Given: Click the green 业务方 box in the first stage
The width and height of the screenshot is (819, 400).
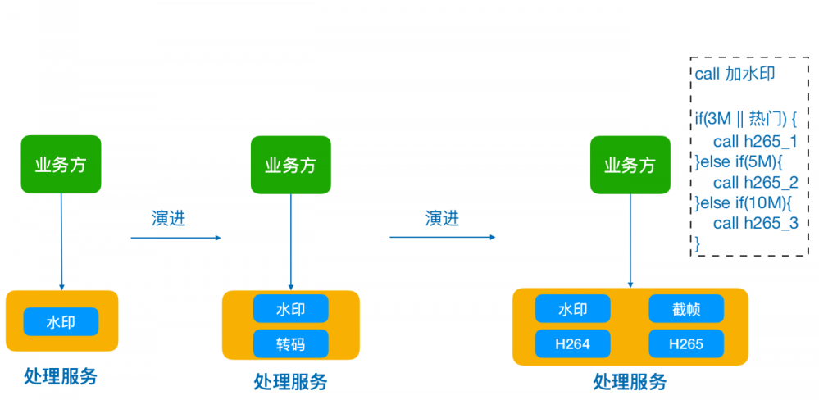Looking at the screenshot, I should tap(61, 164).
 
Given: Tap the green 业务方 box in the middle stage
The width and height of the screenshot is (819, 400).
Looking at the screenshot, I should tap(290, 165).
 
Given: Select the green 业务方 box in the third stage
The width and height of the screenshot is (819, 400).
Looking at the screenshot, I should tap(630, 165).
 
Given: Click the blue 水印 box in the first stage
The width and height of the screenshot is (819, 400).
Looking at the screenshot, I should tap(61, 322).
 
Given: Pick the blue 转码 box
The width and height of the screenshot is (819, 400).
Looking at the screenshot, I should tap(290, 343).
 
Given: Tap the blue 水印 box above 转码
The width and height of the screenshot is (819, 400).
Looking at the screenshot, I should tap(290, 309).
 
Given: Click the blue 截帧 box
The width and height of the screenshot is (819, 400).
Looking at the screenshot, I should tap(686, 309).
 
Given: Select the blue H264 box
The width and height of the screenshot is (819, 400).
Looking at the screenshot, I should tap(572, 343).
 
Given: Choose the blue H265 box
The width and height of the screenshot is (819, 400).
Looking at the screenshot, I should tap(686, 343).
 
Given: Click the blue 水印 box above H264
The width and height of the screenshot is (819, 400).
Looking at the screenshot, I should tap(572, 309).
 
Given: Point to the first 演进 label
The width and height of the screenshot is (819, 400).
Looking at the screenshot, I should tap(174, 218).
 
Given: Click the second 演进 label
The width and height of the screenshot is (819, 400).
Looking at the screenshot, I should tap(442, 218).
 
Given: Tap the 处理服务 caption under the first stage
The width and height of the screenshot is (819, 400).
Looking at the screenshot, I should tap(61, 376).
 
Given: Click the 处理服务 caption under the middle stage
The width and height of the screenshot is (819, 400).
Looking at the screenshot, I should tap(290, 382).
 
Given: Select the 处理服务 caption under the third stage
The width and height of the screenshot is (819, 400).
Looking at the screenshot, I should tap(630, 382).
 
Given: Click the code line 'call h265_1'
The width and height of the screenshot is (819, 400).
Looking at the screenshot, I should tap(755, 140).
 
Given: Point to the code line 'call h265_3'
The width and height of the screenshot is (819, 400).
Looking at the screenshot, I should tap(755, 223).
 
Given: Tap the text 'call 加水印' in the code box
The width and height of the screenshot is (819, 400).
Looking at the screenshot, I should tap(735, 75).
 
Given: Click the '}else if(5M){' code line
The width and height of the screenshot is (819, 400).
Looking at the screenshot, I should tap(740, 161).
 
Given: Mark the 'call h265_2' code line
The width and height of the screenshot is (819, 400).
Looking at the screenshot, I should tap(755, 182).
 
